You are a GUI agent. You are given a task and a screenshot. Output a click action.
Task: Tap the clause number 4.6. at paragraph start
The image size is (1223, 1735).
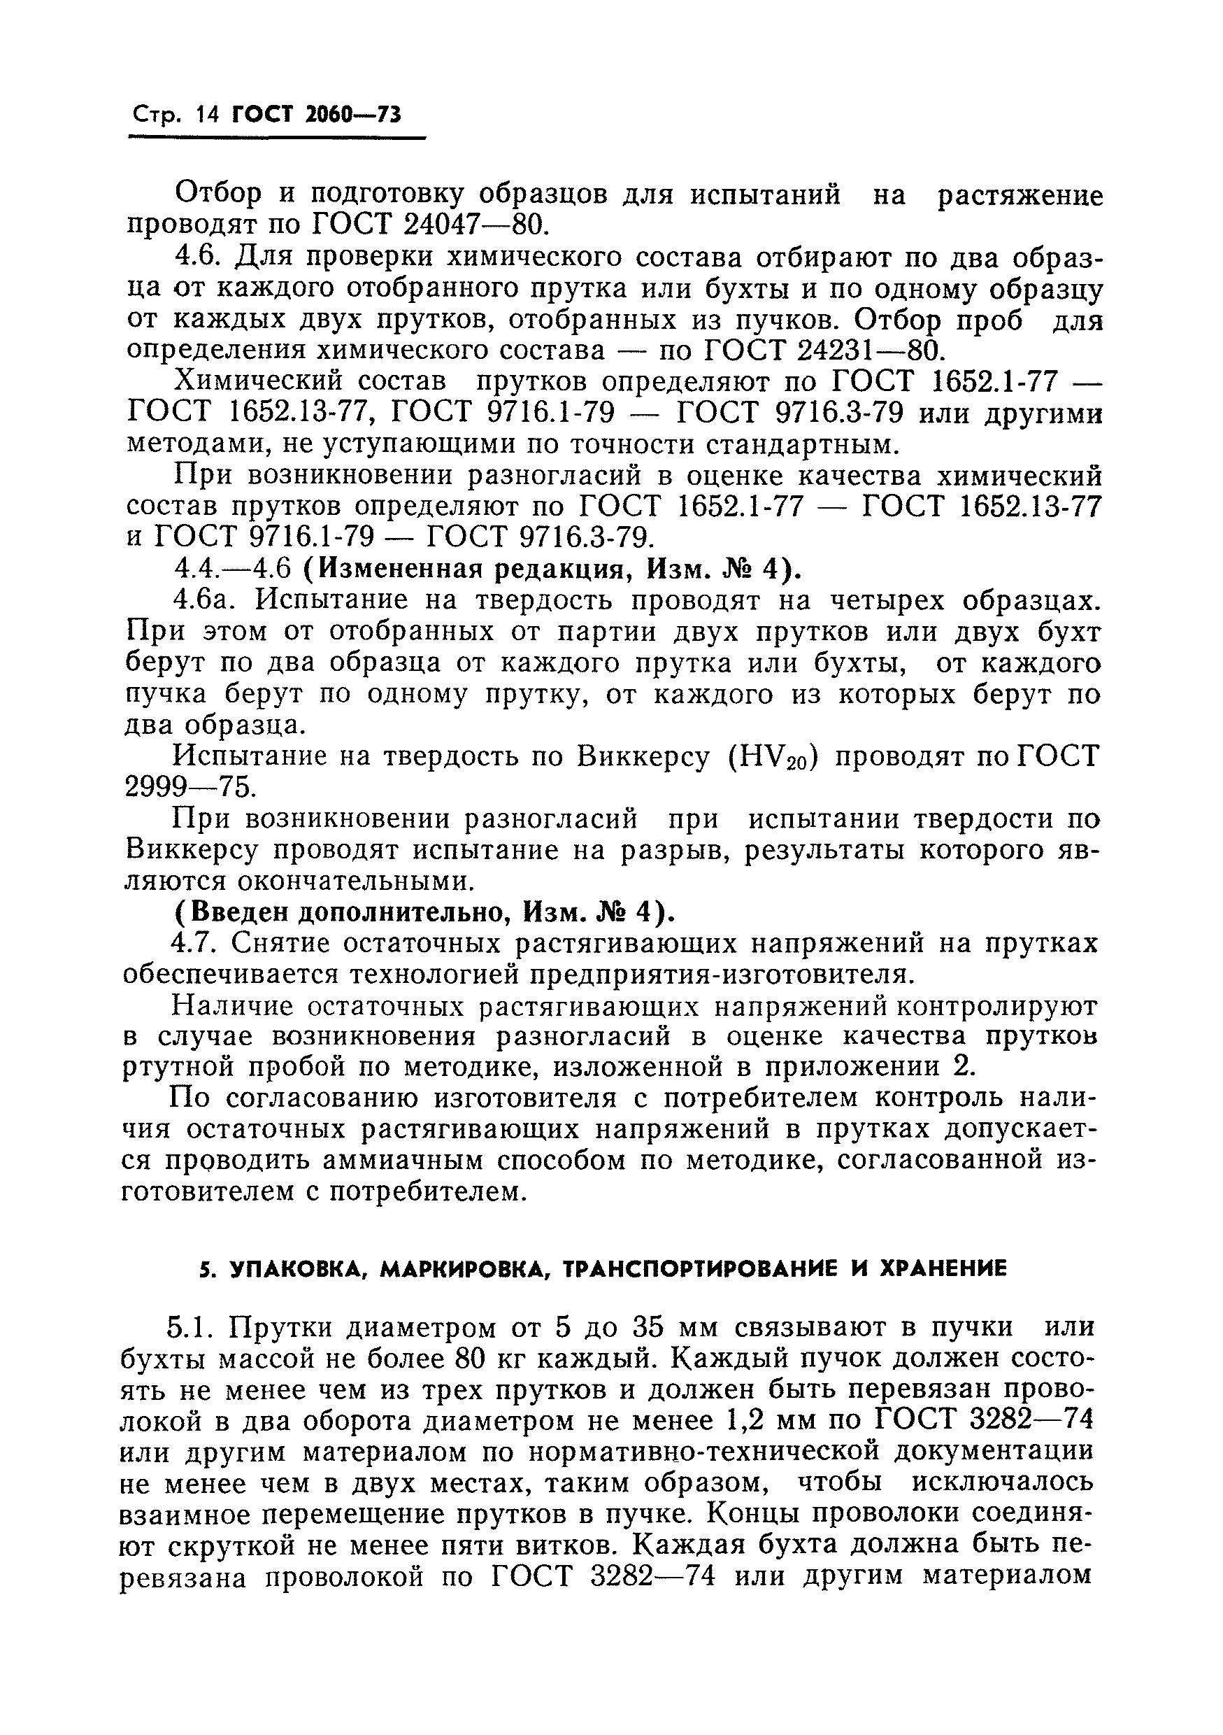point(197,257)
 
